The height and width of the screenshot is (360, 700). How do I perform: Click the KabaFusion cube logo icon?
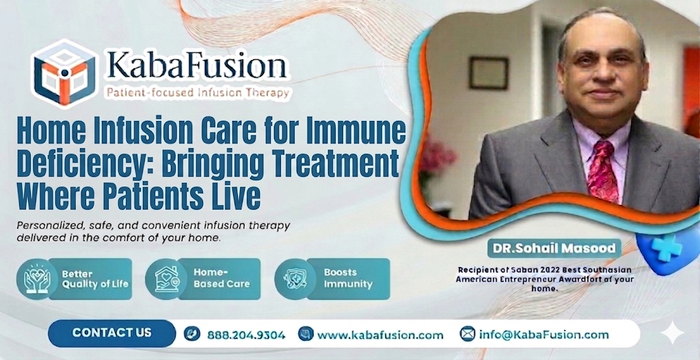(65, 71)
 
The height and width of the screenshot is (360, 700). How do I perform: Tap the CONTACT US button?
(112, 333)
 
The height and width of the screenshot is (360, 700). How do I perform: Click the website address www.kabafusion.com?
(380, 335)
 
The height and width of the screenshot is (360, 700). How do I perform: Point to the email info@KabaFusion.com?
(543, 334)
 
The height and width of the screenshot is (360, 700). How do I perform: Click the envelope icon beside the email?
(468, 334)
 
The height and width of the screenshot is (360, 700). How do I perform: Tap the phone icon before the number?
(192, 334)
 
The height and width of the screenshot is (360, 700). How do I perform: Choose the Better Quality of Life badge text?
(94, 279)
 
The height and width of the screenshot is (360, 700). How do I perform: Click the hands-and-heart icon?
(37, 279)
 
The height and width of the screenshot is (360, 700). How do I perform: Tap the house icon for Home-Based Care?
(166, 279)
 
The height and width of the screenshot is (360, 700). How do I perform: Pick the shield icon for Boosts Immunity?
(295, 279)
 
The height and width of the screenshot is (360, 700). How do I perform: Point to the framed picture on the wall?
(488, 72)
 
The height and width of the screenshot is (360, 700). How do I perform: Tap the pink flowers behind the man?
(436, 157)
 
